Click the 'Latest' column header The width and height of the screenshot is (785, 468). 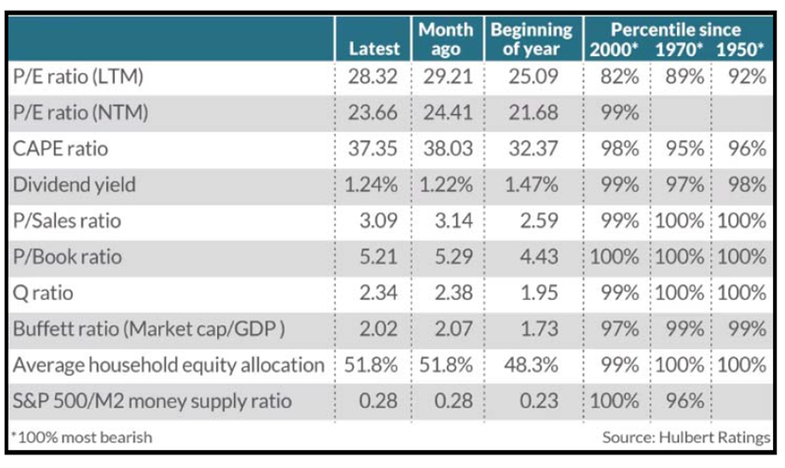coord(374,48)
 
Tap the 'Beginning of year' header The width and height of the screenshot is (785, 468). coord(532,38)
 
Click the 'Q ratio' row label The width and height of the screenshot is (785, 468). coord(44,294)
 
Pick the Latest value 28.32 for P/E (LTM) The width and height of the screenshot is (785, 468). coord(373,77)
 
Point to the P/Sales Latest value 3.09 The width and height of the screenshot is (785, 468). coord(378,220)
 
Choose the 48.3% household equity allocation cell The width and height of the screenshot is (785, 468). coord(534,365)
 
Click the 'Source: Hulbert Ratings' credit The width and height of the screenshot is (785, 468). coord(682,437)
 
